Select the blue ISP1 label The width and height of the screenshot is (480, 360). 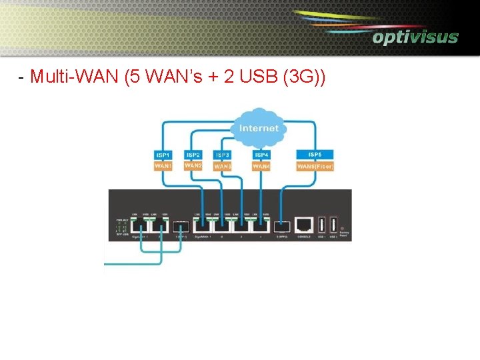[163, 155]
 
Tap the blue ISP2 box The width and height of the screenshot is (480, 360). [193, 155]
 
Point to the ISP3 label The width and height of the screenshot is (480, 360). [222, 155]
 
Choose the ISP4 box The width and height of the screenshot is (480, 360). [261, 155]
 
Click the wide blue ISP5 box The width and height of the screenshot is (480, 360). [314, 155]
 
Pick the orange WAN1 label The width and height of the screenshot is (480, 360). [163, 165]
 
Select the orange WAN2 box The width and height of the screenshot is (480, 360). [193, 165]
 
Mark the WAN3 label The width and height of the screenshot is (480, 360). [222, 166]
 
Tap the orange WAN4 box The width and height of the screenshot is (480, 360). [261, 166]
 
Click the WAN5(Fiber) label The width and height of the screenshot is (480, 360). [315, 166]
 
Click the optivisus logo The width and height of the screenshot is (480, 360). [415, 37]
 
